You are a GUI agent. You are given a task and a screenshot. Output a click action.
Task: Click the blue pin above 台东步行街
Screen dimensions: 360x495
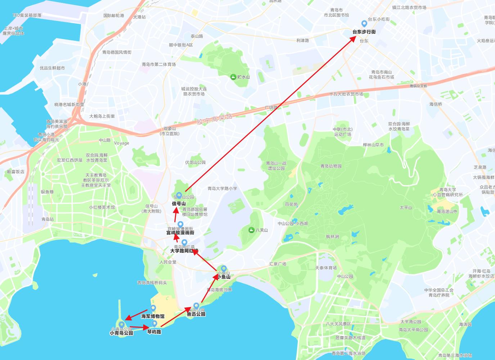364,24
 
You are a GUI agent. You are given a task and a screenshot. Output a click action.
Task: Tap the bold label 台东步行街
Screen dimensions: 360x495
364,32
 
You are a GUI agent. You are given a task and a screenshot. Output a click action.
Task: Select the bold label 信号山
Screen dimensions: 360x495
179,203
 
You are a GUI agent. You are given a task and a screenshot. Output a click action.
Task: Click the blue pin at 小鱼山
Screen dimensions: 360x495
224,269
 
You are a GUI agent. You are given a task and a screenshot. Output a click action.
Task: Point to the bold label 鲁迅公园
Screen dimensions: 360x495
196,314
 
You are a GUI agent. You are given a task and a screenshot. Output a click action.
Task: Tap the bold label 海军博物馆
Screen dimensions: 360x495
153,316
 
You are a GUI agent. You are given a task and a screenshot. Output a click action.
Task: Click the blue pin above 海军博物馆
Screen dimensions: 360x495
153,308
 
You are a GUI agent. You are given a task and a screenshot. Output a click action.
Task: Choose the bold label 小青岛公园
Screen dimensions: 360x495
121,333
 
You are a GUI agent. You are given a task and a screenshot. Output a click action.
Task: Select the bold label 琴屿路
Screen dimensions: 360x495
154,332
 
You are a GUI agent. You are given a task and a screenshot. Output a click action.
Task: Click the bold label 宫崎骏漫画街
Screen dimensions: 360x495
180,233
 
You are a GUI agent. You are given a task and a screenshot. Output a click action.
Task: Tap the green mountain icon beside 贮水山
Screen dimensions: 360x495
233,77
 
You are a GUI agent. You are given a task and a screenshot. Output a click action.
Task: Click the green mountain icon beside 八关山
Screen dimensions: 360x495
251,230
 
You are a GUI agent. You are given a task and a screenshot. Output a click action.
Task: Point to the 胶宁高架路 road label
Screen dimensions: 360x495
215,119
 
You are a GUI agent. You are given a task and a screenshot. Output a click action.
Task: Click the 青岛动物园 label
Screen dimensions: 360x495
331,166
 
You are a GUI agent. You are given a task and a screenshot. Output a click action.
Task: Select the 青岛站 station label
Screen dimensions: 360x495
48,219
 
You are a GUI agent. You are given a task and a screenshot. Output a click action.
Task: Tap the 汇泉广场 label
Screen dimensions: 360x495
278,264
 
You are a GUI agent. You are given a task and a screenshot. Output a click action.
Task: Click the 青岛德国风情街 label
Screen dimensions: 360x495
117,52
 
